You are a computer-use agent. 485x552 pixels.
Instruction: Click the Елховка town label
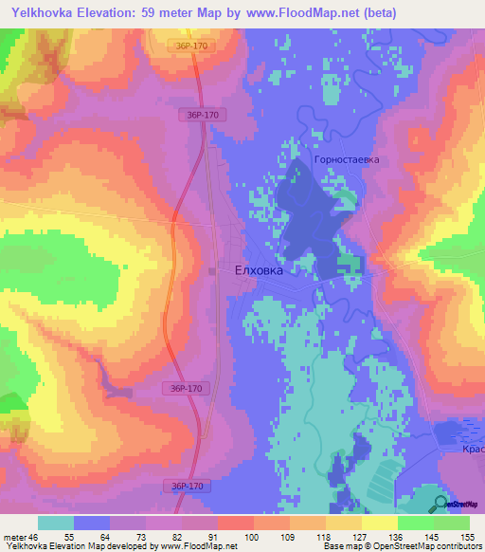[x=259, y=269]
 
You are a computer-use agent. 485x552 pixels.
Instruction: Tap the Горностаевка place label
[x=347, y=159]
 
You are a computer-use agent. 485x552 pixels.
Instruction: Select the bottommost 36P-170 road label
[x=192, y=486]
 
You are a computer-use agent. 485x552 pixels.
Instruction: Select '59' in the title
[x=160, y=13]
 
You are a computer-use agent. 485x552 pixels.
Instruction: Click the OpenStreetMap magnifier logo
[x=440, y=504]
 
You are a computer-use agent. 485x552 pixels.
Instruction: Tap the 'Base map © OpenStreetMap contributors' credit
[x=401, y=546]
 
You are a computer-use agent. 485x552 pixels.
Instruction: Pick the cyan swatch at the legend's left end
[x=56, y=523]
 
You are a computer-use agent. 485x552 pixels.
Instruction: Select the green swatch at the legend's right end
[x=451, y=523]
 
